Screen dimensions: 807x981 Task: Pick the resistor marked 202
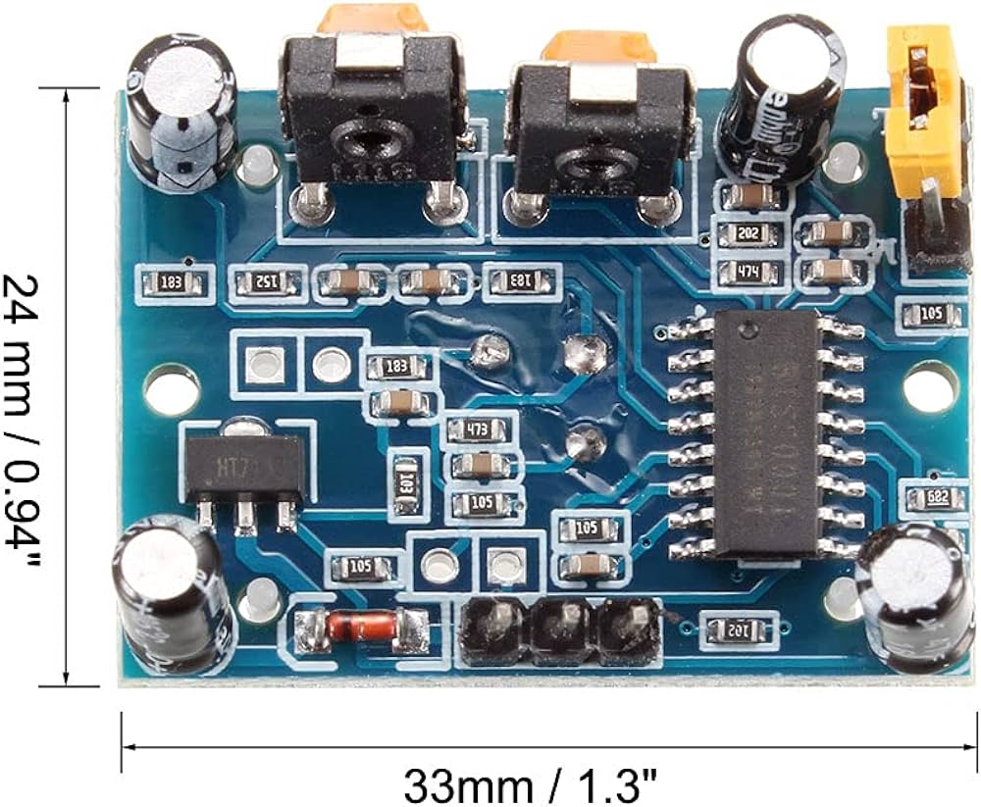(749, 234)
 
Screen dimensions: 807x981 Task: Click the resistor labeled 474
(749, 273)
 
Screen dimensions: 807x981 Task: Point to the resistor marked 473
(480, 429)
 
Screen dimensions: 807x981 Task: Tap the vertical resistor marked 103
(407, 481)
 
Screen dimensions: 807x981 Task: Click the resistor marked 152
(268, 282)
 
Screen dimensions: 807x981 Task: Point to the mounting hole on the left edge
(173, 387)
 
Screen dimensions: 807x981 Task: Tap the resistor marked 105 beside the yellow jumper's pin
(926, 315)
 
